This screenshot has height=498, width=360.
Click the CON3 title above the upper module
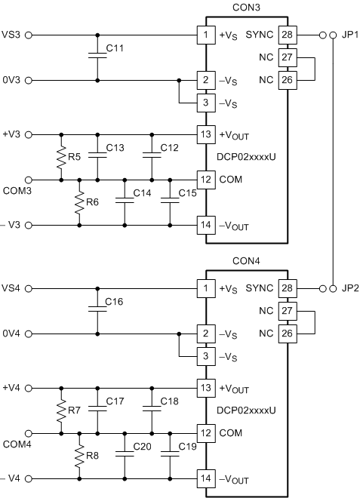tap(246, 8)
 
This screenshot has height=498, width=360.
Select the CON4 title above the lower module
tap(246, 261)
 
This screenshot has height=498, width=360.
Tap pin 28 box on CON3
tap(286, 35)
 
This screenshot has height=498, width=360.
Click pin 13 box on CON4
tap(205, 388)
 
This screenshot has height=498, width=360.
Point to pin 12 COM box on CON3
tap(205, 180)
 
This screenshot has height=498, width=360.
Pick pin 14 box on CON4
tap(205, 479)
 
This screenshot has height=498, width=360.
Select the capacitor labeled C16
tap(97, 310)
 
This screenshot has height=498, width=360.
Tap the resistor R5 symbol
tap(60, 157)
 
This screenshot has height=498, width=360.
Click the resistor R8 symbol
tap(78, 456)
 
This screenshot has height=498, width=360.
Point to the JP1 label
tap(346, 35)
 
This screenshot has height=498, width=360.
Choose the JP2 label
tap(346, 288)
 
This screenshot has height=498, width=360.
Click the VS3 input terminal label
tap(12, 35)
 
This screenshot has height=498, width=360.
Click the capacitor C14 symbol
tap(124, 202)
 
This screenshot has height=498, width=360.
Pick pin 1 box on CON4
tap(205, 288)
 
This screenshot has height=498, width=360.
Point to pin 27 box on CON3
tap(286, 57)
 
